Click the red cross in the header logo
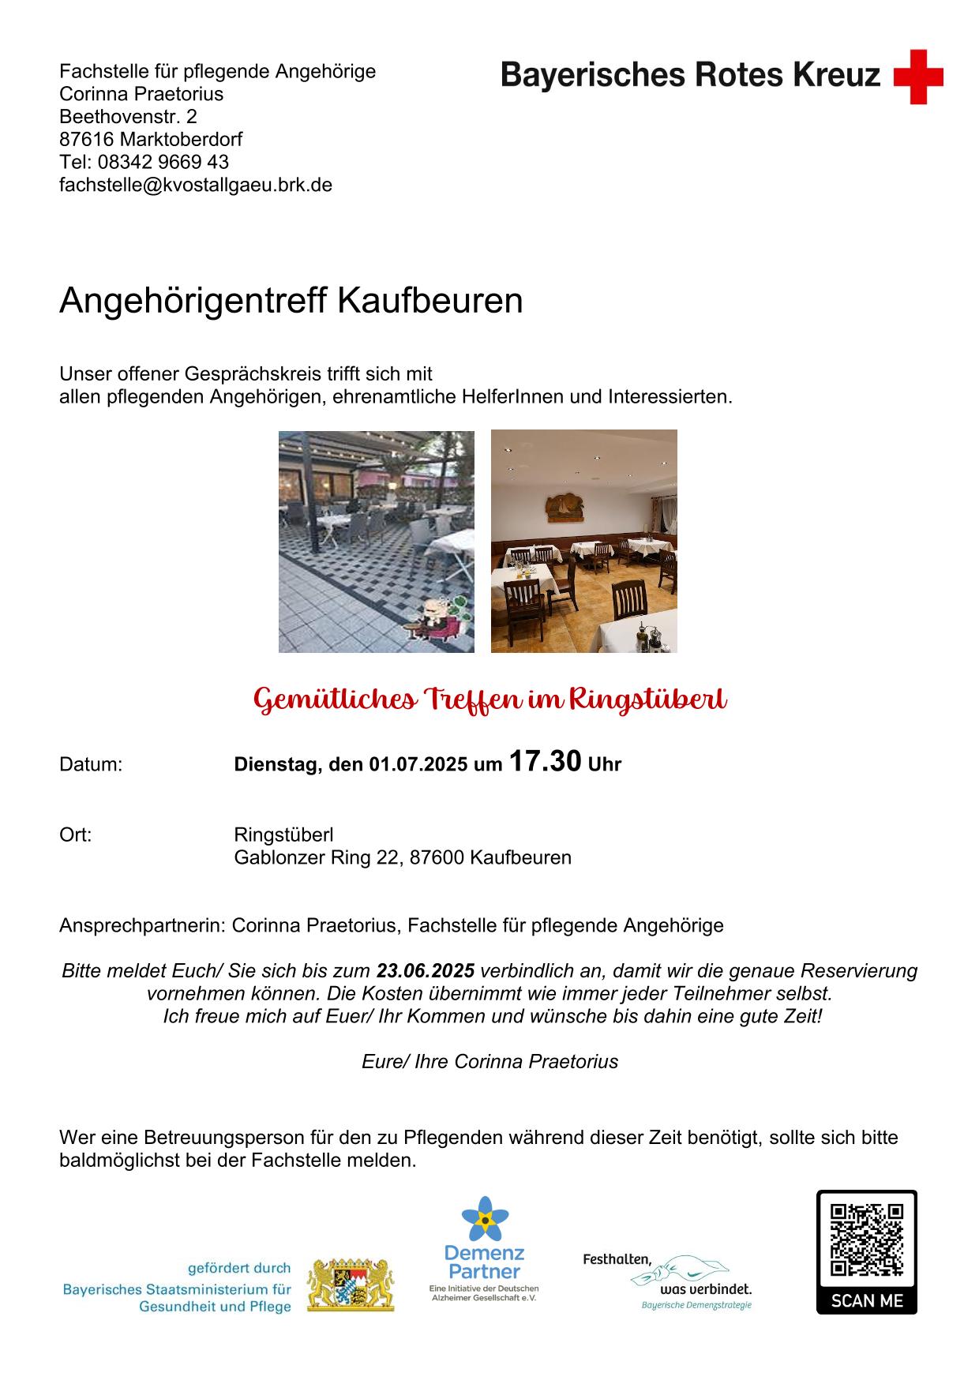(x=918, y=77)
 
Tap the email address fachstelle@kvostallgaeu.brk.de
(x=196, y=185)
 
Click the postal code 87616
(x=87, y=140)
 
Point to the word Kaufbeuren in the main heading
(x=430, y=301)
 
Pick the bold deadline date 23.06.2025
(x=426, y=970)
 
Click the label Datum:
(x=91, y=764)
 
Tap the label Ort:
(x=76, y=835)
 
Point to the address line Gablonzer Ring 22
(x=316, y=857)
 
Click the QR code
(x=866, y=1240)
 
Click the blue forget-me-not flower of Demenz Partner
(x=484, y=1219)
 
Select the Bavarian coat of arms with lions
(x=350, y=1285)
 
